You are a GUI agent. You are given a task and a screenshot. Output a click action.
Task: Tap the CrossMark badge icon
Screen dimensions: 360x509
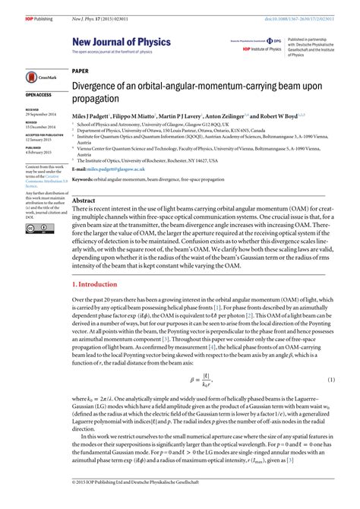35,77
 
